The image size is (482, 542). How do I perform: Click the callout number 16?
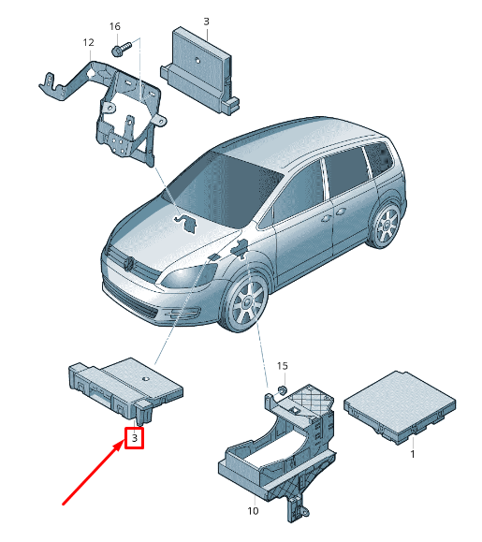tap(115, 26)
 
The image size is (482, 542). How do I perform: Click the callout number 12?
tap(89, 42)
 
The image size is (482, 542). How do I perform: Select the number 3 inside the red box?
tap(135, 438)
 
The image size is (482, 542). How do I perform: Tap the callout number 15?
tap(283, 366)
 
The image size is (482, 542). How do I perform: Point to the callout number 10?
tap(253, 511)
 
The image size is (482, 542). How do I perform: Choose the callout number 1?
tap(412, 454)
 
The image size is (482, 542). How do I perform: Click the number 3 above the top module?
tap(206, 22)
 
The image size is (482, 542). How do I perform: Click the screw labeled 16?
tap(122, 49)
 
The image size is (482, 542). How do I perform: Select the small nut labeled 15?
tap(283, 390)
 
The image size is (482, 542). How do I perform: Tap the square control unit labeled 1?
tap(400, 406)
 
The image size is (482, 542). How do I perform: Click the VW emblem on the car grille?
tap(129, 264)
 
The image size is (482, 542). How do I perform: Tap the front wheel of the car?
tap(246, 303)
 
